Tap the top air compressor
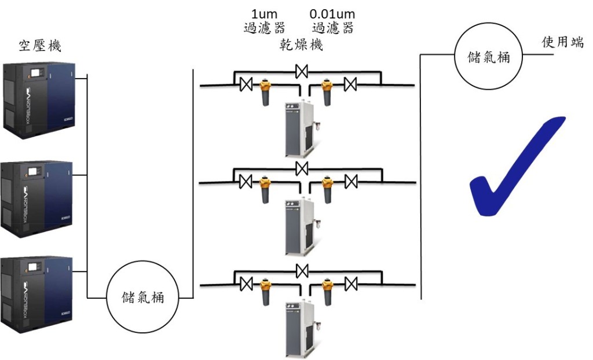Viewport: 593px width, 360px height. click(38, 98)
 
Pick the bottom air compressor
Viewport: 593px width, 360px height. click(38, 295)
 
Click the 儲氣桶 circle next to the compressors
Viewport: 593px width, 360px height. click(142, 297)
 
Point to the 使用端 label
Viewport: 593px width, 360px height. click(562, 42)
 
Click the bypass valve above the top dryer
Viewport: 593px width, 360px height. click(301, 72)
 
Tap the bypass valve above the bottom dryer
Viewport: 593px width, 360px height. click(301, 270)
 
